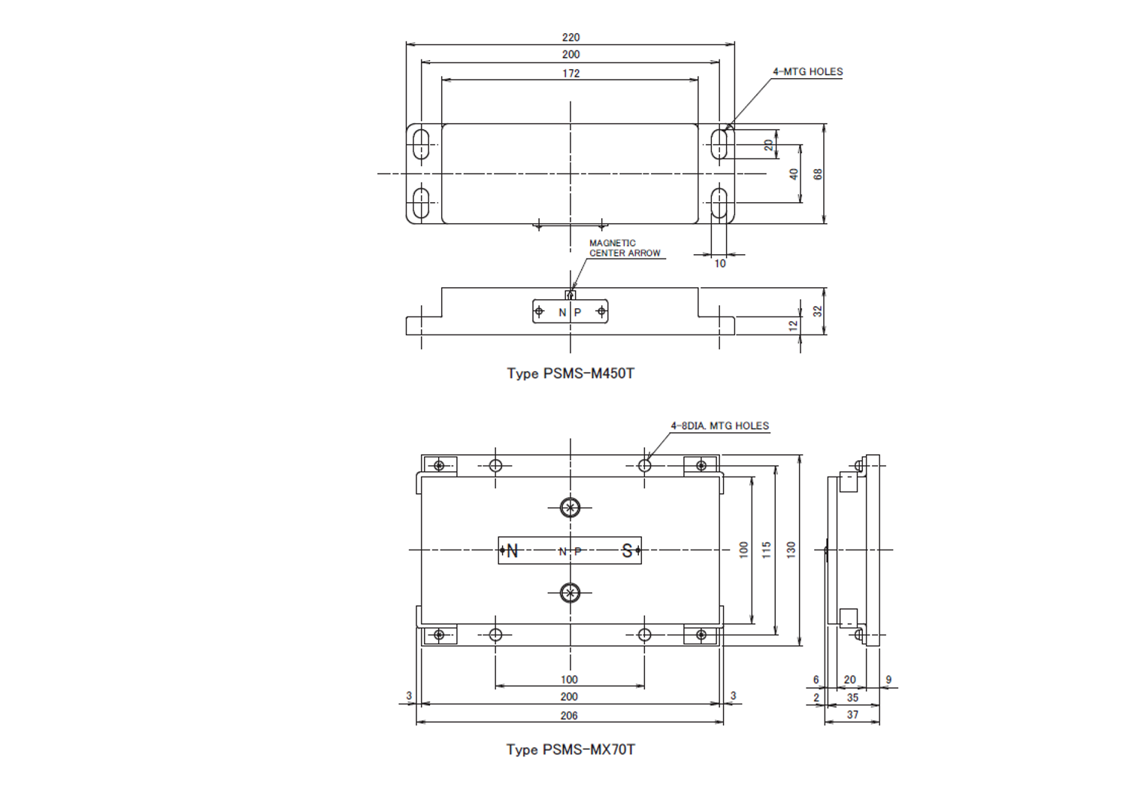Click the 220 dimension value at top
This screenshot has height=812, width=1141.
(570, 37)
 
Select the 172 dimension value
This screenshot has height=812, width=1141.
(571, 74)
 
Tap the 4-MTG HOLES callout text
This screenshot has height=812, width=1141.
(808, 72)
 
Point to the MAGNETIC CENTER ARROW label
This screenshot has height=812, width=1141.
(625, 248)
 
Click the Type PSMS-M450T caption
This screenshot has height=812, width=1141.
(570, 374)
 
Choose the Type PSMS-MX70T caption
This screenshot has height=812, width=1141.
(570, 750)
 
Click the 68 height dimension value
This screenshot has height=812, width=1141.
(818, 174)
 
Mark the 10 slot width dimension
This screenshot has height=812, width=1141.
(720, 263)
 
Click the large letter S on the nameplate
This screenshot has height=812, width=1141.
(627, 550)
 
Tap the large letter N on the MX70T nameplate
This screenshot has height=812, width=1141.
(513, 550)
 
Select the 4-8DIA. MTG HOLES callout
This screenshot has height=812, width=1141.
(720, 426)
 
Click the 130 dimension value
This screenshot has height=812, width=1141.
(791, 550)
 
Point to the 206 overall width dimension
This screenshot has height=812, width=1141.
(569, 716)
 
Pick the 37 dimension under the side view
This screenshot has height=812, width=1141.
(852, 715)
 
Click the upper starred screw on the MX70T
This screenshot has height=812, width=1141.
(570, 507)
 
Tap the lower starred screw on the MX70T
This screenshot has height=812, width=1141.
(570, 592)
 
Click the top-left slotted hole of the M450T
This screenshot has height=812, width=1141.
(421, 144)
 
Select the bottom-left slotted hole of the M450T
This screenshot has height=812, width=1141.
(421, 203)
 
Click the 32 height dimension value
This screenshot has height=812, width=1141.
(818, 311)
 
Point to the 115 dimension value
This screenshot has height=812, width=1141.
(766, 550)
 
